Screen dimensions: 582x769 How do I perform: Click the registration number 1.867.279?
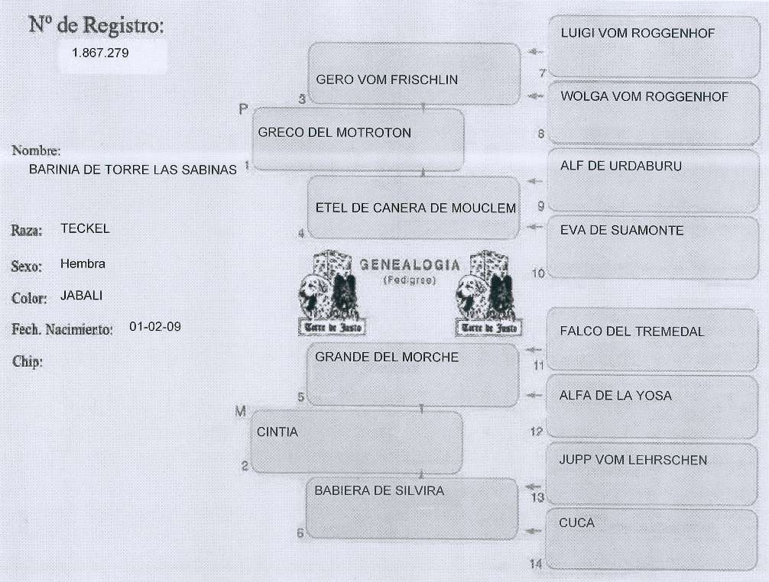100,53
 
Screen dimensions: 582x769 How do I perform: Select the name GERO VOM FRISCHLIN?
387,79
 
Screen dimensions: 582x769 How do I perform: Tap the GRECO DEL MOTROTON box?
358,140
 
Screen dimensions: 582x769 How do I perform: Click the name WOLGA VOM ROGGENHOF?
644,97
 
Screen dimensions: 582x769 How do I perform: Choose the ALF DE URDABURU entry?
621,166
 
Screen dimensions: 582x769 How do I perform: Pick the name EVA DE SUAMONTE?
621,230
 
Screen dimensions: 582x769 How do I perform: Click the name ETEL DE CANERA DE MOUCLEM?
415,208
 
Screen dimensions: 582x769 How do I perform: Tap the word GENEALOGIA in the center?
410,266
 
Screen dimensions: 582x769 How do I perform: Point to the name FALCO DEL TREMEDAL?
631,331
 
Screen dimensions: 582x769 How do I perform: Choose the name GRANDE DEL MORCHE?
387,357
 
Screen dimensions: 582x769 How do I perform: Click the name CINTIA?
277,432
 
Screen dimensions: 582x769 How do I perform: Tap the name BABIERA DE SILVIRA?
379,490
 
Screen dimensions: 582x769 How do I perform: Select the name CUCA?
576,523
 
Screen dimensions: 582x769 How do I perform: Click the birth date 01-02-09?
155,326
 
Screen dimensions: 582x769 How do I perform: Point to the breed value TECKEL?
85,228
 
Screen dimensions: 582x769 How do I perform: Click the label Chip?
28,361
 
